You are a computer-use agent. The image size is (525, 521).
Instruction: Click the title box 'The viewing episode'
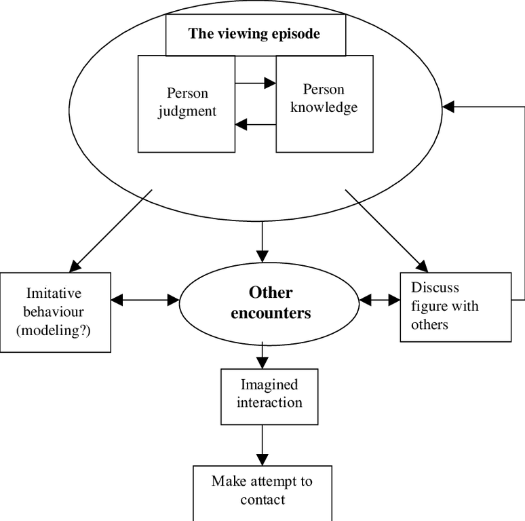click(x=256, y=34)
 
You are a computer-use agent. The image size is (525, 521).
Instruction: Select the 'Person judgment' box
click(x=187, y=103)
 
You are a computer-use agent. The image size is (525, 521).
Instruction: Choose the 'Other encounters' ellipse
click(x=270, y=303)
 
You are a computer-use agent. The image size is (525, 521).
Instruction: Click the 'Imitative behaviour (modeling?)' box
click(x=56, y=311)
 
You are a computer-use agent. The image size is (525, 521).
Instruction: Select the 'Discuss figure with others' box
click(x=455, y=306)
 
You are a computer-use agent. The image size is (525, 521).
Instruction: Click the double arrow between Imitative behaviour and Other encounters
click(x=144, y=299)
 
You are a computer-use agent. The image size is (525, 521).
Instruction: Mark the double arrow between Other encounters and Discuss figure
click(x=381, y=299)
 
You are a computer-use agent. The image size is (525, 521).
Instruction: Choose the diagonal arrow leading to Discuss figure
click(x=387, y=231)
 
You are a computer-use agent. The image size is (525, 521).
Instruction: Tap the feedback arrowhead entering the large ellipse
click(x=448, y=107)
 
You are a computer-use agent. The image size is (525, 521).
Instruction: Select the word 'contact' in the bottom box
click(x=262, y=500)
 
